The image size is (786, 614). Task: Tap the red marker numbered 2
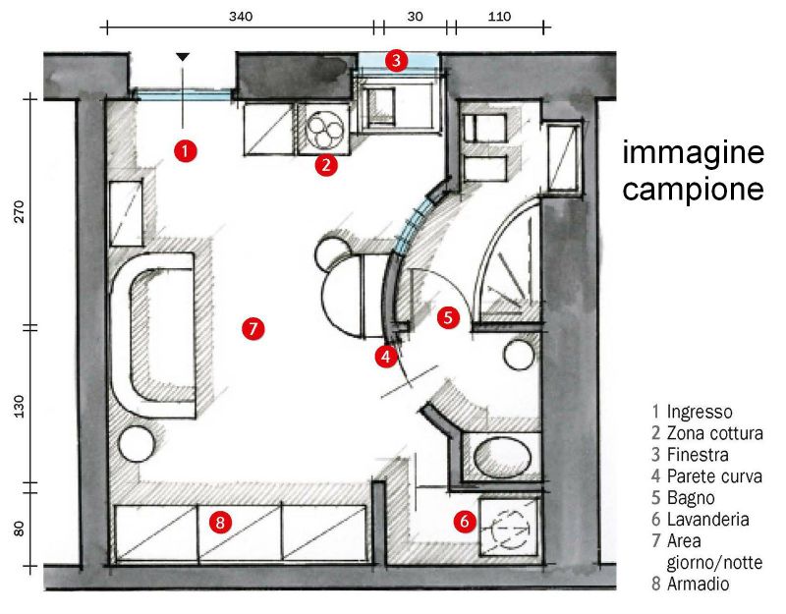click(x=326, y=164)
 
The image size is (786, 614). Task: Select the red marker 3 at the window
click(x=395, y=60)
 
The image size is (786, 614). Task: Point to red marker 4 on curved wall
click(x=387, y=357)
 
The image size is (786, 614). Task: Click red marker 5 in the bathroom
click(x=448, y=317)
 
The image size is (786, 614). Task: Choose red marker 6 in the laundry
click(x=464, y=522)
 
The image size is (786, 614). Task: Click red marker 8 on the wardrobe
click(x=221, y=523)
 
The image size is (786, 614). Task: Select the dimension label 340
click(x=240, y=17)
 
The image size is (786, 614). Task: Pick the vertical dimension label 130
click(x=18, y=405)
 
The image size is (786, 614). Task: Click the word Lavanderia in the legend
click(x=706, y=520)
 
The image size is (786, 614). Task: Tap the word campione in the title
click(x=693, y=189)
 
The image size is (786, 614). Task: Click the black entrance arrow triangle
click(x=183, y=58)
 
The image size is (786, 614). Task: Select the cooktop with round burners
click(x=325, y=128)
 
